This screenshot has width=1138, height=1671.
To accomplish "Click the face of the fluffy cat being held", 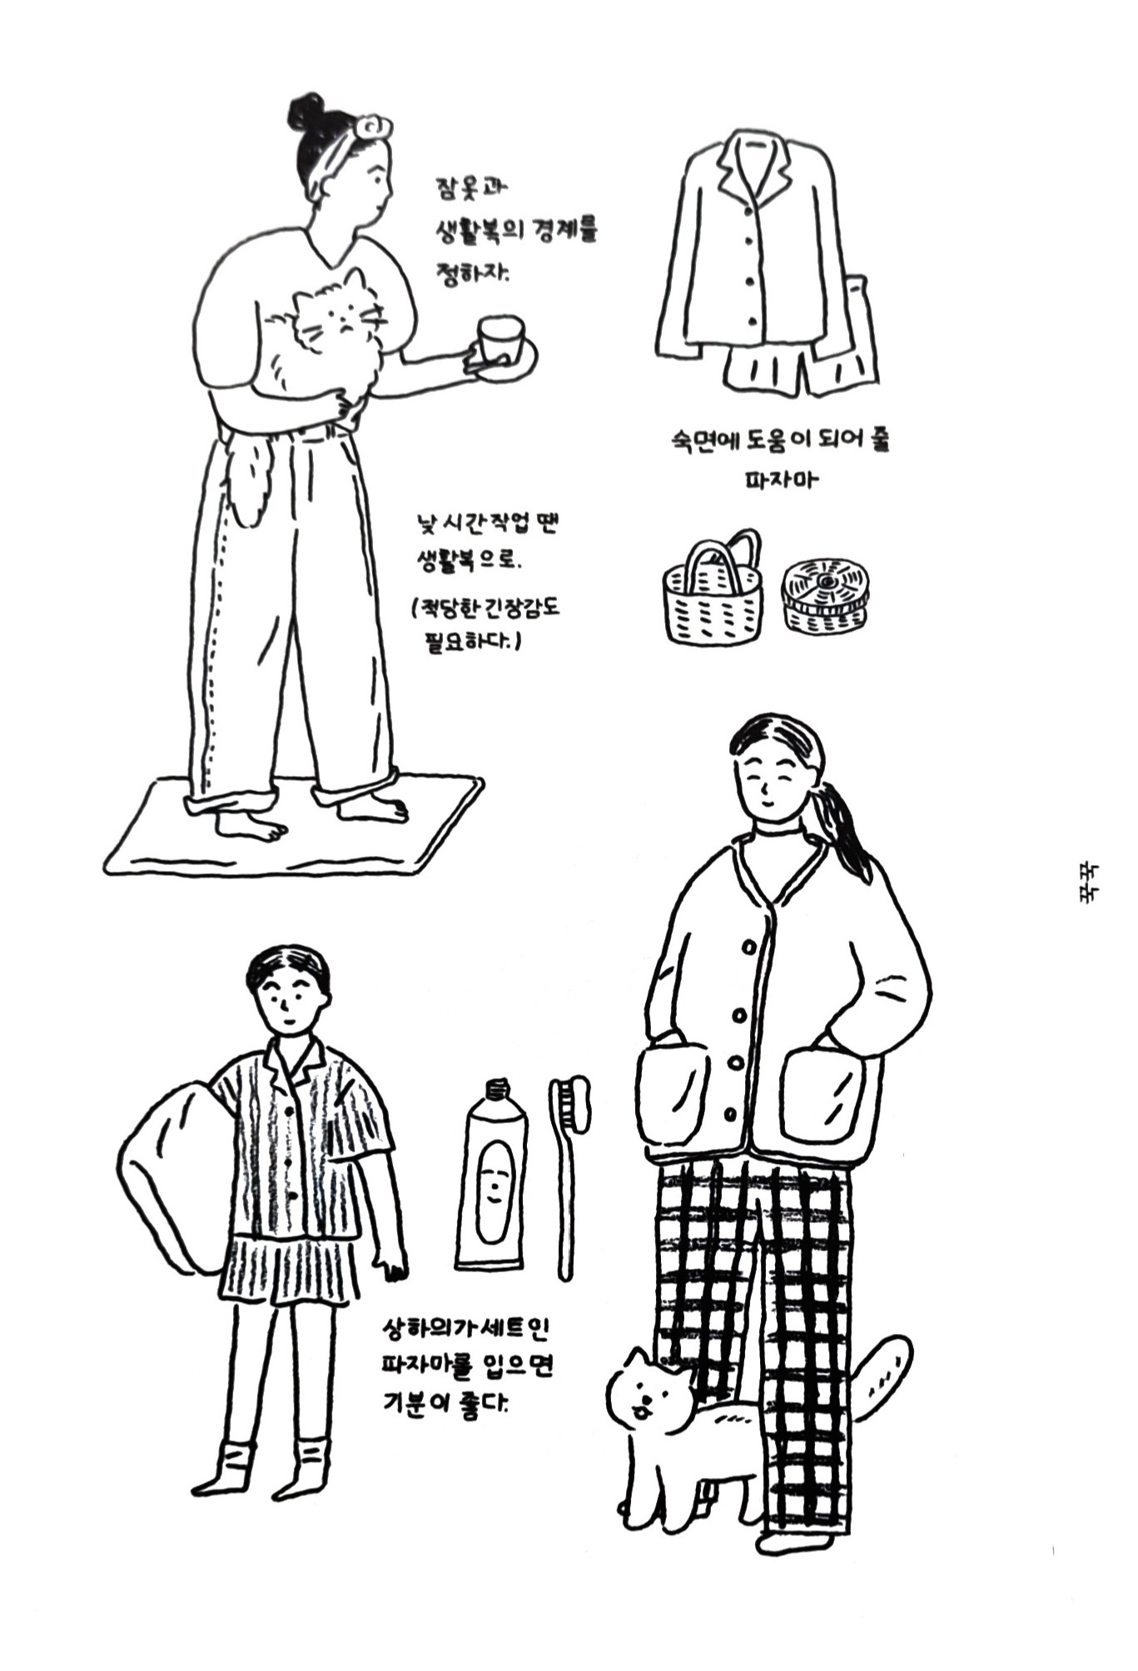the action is [x=350, y=312].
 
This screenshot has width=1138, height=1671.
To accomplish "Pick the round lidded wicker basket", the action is [x=824, y=595].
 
